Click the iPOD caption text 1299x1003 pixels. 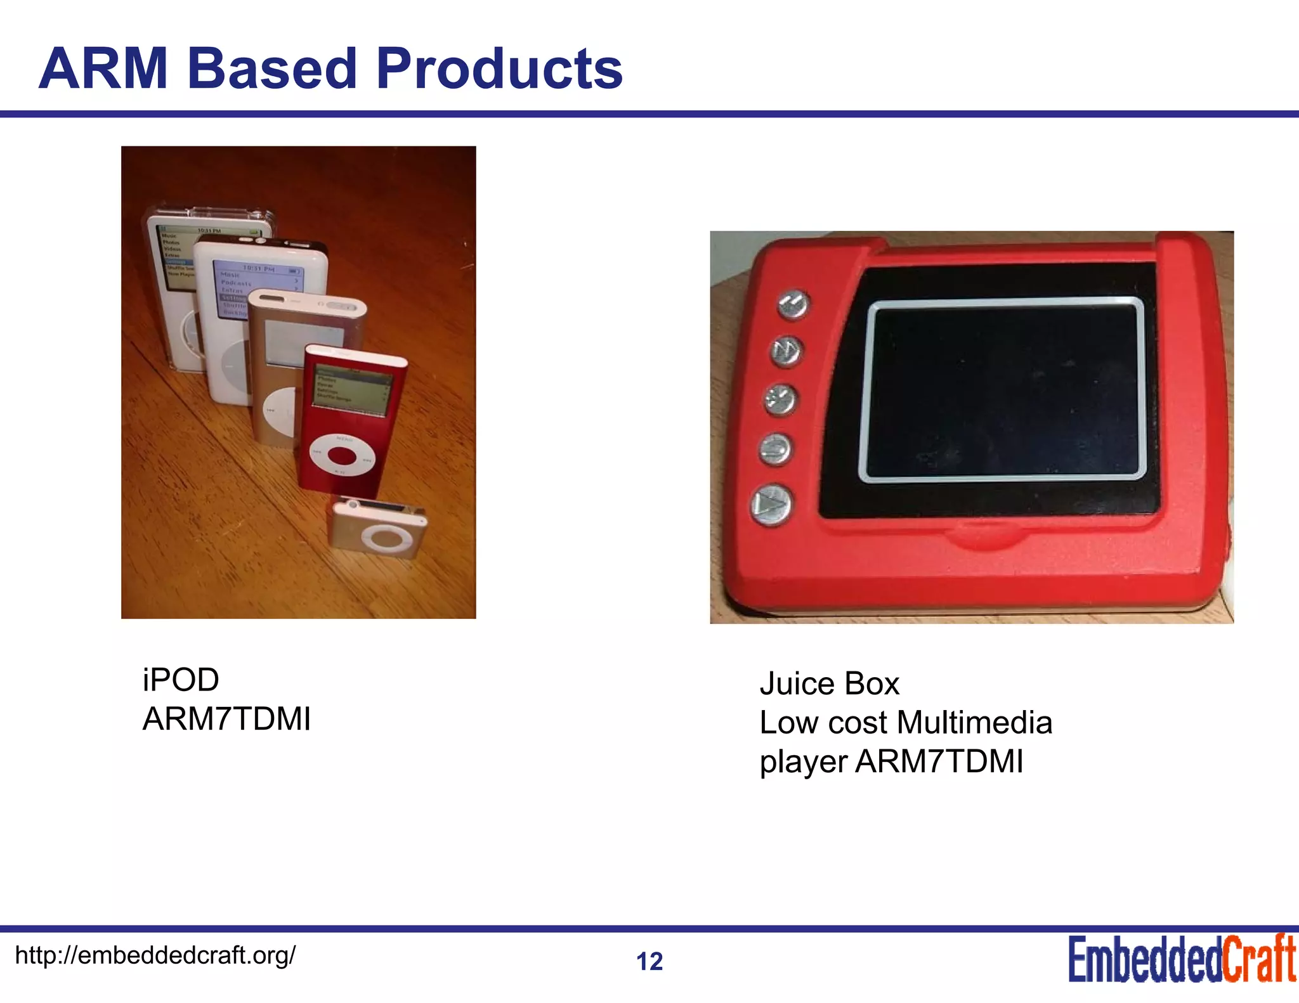click(181, 680)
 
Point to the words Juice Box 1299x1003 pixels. click(829, 684)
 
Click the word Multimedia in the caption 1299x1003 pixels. click(974, 723)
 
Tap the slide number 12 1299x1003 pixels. click(649, 961)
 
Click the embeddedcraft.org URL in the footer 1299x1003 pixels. click(155, 955)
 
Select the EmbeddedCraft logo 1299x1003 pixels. click(1182, 959)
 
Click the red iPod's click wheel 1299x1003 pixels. click(343, 455)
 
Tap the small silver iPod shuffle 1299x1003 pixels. click(378, 527)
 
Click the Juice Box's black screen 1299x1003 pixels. click(1002, 390)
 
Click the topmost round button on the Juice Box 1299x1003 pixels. click(793, 304)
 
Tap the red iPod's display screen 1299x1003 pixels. click(353, 389)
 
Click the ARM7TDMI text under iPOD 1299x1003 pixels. click(226, 719)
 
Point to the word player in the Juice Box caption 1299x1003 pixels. click(803, 762)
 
